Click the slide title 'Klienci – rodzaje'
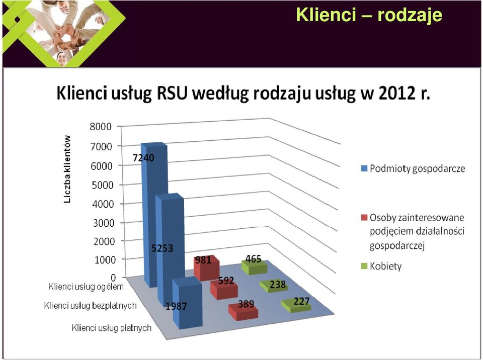point(369,15)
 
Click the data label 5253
point(163,248)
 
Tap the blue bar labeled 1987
point(188,303)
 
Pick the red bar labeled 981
point(206,268)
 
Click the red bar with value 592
point(224,289)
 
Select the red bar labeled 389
point(243,310)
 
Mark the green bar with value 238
point(274,287)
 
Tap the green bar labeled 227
point(296,306)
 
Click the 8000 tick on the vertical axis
point(101,127)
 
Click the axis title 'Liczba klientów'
point(67,169)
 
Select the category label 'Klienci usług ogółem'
point(86,287)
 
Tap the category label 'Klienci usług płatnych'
point(112,328)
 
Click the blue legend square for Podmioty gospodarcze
point(364,169)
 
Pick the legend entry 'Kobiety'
point(386,266)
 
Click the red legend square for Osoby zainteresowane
point(364,218)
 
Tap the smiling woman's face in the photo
point(61,58)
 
